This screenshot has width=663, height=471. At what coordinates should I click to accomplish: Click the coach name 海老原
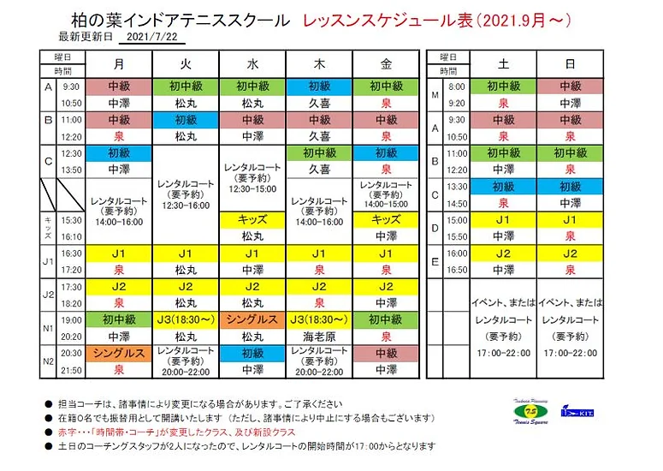319,337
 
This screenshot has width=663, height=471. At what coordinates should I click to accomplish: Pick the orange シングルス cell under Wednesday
252,320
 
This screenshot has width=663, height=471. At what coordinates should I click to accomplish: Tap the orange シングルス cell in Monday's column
119,353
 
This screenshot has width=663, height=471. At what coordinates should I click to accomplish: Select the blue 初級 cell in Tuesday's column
186,119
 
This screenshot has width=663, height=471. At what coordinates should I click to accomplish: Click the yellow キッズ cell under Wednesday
252,219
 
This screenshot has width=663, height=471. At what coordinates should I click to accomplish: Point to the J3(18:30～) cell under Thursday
319,320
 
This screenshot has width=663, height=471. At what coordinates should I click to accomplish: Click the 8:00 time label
455,86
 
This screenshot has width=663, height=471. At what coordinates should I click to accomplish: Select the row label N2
49,361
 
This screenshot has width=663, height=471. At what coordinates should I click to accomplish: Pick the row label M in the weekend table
435,94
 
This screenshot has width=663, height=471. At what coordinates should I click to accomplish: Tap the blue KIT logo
580,414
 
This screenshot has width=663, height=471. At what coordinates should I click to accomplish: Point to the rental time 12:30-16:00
186,206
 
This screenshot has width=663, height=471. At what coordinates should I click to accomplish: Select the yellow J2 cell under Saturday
504,253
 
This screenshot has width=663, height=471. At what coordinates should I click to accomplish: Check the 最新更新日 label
85,38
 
